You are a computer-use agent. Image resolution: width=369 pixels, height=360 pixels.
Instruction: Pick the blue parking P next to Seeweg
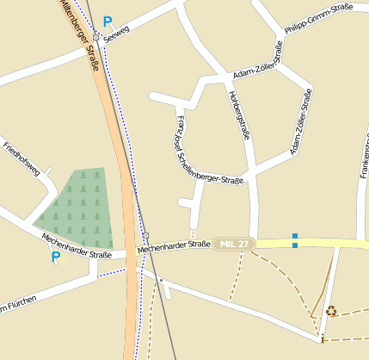click(108, 22)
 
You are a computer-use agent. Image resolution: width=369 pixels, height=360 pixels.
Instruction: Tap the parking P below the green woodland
click(56, 257)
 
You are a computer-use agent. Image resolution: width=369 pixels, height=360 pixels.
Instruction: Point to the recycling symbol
click(331, 311)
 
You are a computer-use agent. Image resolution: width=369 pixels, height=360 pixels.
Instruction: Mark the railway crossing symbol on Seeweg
click(97, 37)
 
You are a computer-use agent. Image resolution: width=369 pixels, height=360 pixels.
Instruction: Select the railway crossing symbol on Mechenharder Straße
click(146, 235)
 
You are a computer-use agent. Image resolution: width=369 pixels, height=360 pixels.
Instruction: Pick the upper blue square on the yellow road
click(295, 236)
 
